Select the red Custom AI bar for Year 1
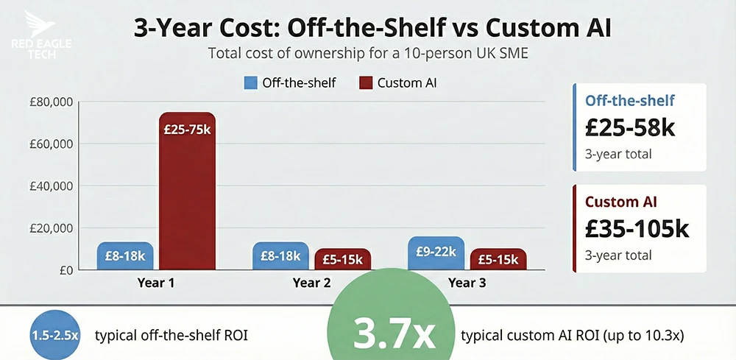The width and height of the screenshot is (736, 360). (x=187, y=191)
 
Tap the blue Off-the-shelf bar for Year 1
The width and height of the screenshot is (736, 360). (x=125, y=256)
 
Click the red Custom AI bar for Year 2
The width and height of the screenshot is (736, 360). (x=342, y=259)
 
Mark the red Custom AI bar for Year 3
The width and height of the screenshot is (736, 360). (x=498, y=259)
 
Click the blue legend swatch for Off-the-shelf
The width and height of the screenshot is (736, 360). (x=250, y=82)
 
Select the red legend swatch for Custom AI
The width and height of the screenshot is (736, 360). (x=365, y=82)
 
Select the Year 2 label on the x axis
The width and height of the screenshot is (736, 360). (x=311, y=283)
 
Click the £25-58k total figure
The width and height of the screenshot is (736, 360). (x=630, y=127)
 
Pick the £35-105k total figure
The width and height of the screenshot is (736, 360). (x=637, y=228)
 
